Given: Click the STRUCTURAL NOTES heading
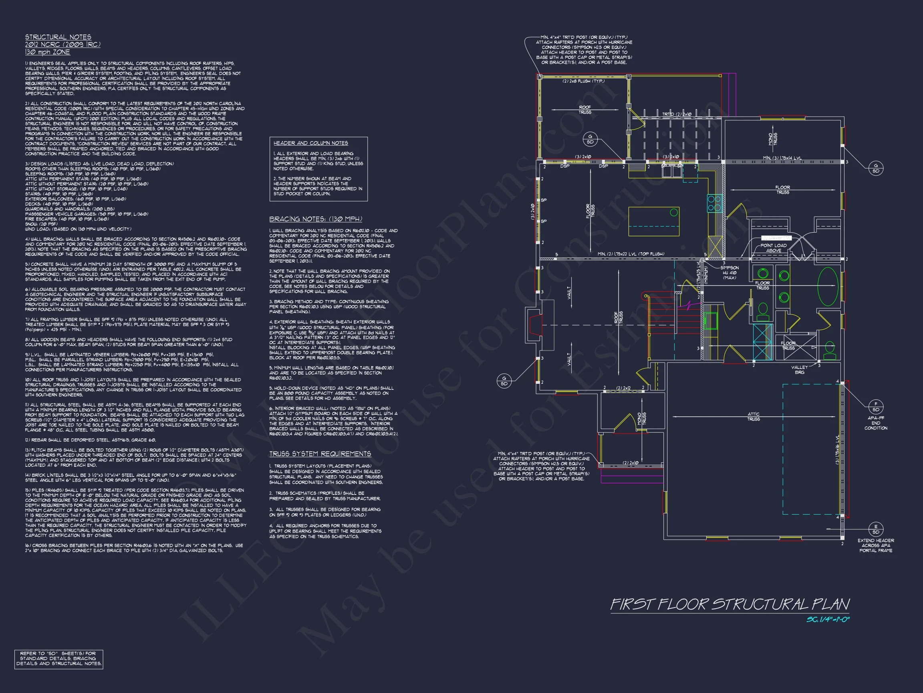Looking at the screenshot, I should tap(58, 37).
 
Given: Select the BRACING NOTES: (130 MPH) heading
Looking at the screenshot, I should tap(315, 219).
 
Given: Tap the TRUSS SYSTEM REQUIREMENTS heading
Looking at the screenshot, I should tap(320, 454).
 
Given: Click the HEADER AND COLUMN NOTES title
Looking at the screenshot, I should tap(310, 143).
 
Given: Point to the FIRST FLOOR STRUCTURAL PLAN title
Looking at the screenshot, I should tap(730, 604).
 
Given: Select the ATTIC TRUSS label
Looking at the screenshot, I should tap(753, 416).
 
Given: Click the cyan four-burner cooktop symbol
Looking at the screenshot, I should tap(714, 203).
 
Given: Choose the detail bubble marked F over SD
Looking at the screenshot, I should tap(875, 406).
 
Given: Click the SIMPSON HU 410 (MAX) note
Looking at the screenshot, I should tap(730, 272).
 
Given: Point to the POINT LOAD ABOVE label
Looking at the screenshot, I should tap(773, 248).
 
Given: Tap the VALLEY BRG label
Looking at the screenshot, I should tap(800, 370).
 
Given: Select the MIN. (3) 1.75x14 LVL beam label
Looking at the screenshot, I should tap(782, 158).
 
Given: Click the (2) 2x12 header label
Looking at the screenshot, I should tap(623, 388).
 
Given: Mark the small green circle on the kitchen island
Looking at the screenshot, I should tap(673, 213).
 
